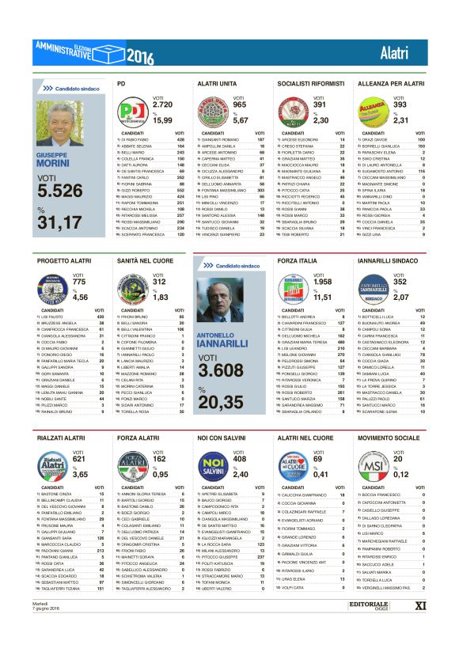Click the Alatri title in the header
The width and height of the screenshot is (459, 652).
coord(393,54)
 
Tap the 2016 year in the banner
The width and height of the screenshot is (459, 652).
coord(139,56)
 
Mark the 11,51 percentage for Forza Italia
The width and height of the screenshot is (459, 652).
coord(321,297)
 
